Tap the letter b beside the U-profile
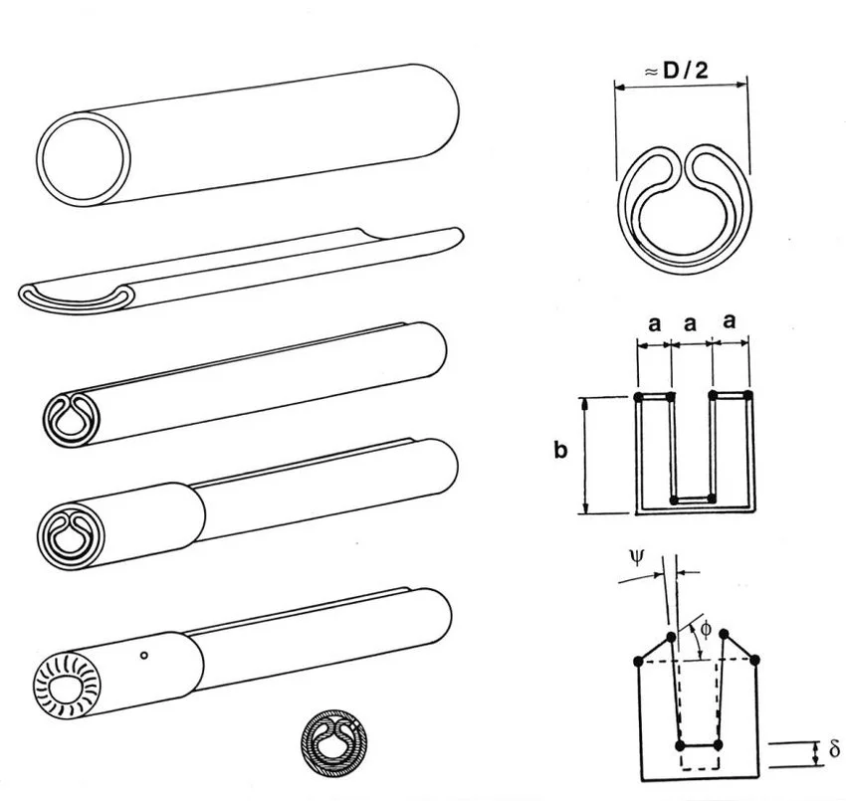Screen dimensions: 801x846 tap(560, 451)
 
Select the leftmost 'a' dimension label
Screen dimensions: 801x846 tap(654, 322)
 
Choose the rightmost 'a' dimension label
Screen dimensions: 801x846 tap(731, 322)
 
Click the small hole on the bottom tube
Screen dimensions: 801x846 tap(145, 655)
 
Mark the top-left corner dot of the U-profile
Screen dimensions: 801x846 tap(637, 398)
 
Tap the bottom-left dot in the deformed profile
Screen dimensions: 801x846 tap(680, 744)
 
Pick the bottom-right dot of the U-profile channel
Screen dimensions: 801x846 tap(709, 497)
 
